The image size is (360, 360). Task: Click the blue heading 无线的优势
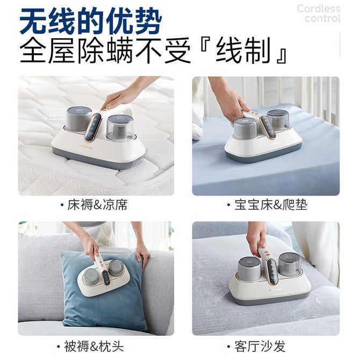(91, 21)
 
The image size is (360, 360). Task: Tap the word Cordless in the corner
(318, 9)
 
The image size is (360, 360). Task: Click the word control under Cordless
(322, 18)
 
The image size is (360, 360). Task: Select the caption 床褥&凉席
(97, 205)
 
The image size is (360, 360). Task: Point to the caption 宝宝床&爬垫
(271, 205)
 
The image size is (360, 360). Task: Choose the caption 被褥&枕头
(93, 346)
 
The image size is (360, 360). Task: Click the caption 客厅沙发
(260, 346)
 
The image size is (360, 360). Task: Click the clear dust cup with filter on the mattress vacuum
(120, 128)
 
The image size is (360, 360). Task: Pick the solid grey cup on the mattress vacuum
(79, 118)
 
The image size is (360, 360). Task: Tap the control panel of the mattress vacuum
(93, 127)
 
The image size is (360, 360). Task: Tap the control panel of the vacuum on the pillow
(106, 278)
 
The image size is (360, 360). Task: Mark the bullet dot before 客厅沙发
(228, 346)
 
